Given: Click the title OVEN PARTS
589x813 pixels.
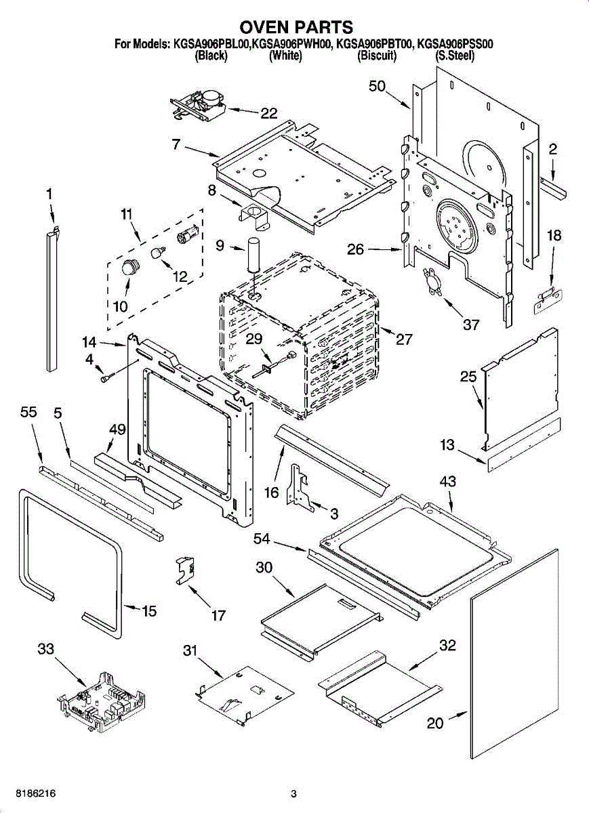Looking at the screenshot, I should [296, 27].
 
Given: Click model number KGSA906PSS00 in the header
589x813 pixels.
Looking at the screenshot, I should [455, 45].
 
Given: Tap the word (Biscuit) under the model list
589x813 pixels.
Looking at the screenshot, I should [377, 56].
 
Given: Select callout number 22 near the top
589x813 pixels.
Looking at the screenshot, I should [269, 113].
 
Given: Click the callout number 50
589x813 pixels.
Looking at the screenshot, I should [377, 86].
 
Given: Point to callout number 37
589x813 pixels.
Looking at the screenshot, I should [471, 325].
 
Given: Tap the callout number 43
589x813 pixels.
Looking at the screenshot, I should [447, 482].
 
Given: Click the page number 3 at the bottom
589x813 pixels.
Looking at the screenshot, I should [293, 793].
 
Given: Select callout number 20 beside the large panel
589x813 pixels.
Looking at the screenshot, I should [435, 723].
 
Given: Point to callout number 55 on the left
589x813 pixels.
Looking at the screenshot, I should [29, 411].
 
